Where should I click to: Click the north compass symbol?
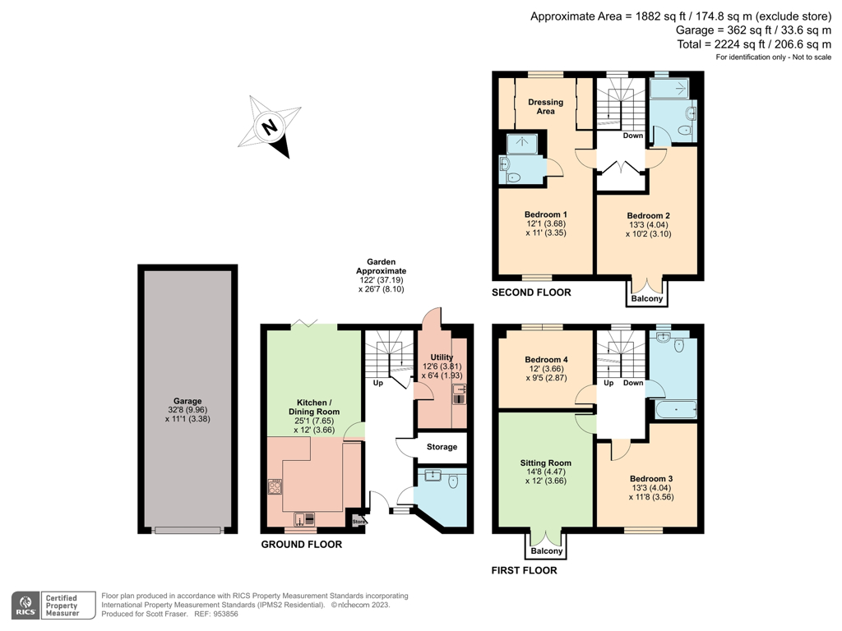pos(271,127)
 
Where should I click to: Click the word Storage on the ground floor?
pos(442,448)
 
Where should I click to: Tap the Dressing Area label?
pos(545,107)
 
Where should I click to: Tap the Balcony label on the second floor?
pos(646,298)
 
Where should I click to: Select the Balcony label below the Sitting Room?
pos(546,551)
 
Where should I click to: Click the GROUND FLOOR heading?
pos(301,544)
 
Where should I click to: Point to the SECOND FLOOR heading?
pos(531,292)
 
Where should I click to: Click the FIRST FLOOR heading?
pos(524,570)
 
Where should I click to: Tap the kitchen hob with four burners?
pos(275,486)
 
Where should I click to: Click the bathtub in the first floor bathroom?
pos(675,408)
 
